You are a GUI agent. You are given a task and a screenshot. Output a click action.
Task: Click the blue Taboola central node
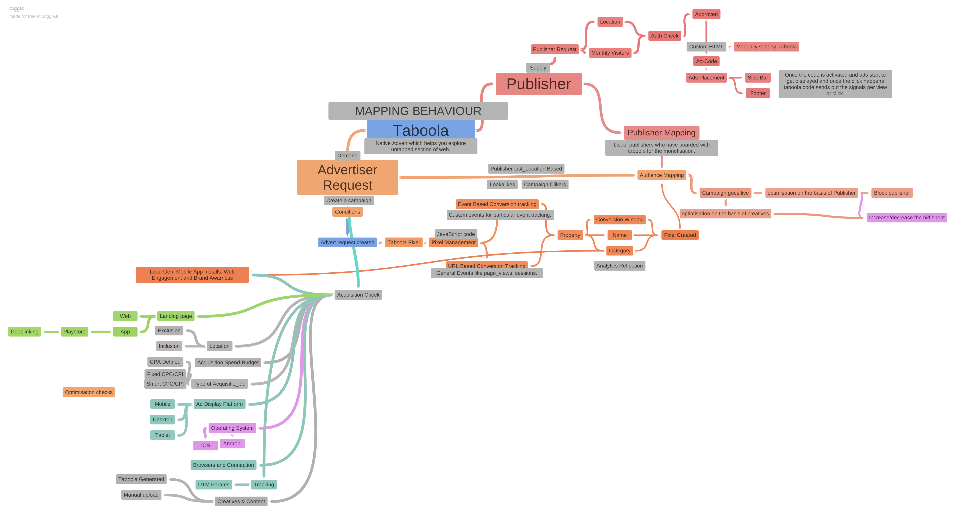coord(421,130)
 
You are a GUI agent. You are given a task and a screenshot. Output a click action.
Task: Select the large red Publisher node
coord(539,84)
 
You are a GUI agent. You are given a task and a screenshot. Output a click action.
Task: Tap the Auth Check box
coord(664,36)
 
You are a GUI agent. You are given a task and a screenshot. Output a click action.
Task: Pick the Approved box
coord(706,14)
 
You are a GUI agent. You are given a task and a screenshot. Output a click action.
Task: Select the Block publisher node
coord(892,193)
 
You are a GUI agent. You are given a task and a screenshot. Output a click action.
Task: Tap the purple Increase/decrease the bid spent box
coord(907,218)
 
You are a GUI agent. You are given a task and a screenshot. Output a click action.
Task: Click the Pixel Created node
coord(680,235)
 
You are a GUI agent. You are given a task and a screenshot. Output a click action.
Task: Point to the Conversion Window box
coord(619,220)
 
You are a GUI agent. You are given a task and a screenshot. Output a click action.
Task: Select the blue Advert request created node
coord(347,243)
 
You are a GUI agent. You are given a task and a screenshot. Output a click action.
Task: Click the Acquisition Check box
coord(358,295)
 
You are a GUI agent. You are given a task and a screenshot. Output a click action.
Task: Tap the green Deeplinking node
coord(24,332)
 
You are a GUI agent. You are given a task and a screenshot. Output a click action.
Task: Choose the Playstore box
coord(74,332)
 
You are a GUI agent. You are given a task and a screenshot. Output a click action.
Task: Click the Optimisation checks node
coord(89,392)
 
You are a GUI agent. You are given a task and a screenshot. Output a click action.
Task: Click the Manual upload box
coord(141,495)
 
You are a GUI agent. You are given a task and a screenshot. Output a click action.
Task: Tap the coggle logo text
coord(17,8)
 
